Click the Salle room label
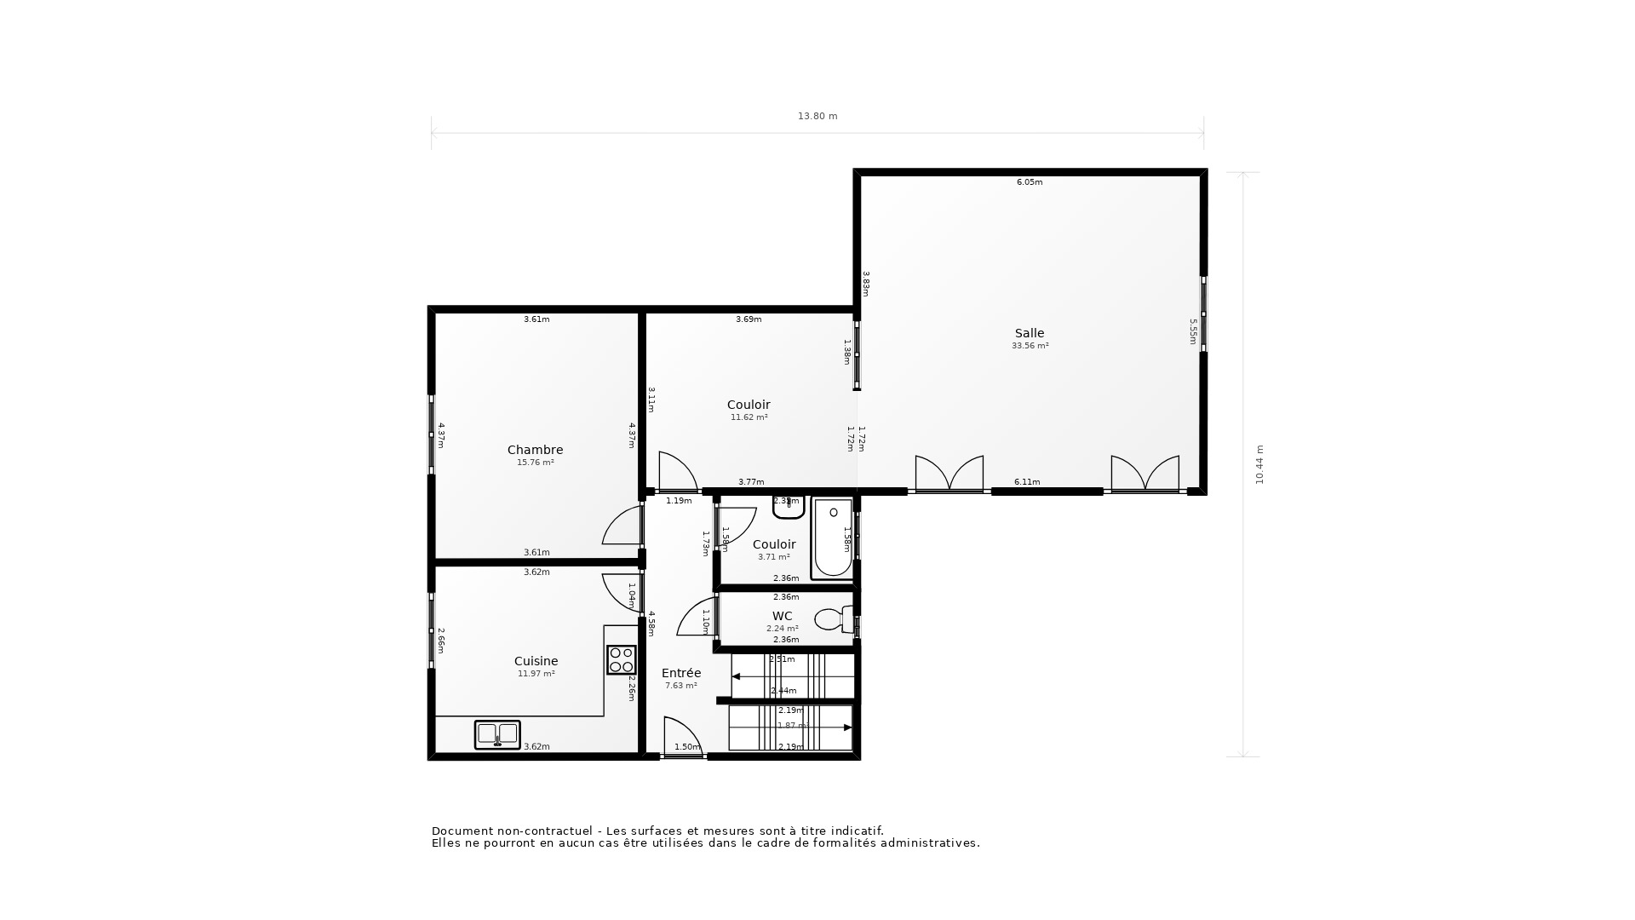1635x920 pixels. coord(1029,333)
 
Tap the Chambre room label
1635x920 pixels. coord(535,450)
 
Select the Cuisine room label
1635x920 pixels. coord(536,661)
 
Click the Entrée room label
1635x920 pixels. coord(680,673)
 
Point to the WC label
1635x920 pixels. coord(782,616)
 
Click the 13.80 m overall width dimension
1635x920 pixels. coord(817,117)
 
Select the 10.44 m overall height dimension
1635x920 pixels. coord(1259,464)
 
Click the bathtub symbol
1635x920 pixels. coord(833,538)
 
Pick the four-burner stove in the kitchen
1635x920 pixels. coord(621,659)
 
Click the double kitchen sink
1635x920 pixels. coord(497,734)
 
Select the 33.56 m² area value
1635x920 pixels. coord(1030,346)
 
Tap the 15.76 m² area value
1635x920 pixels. coord(535,463)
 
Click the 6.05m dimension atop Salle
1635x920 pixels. coord(1029,182)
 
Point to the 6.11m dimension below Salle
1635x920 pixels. coord(1027,482)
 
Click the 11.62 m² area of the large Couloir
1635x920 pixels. coord(749,417)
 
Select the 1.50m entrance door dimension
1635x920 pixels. coord(686,747)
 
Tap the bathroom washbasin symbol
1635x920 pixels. coord(789,508)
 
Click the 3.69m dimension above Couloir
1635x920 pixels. coord(749,319)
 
